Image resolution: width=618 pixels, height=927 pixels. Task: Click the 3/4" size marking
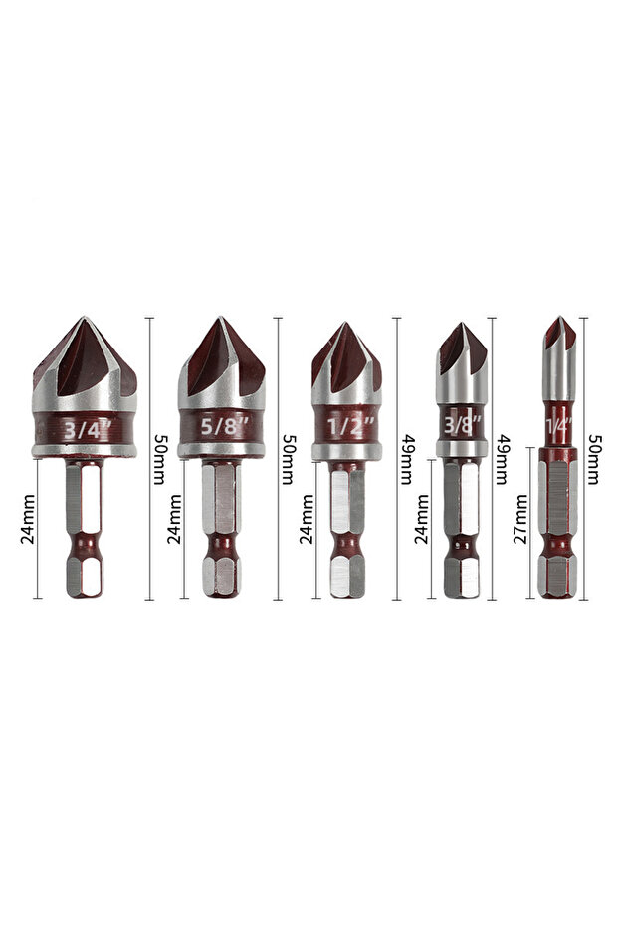point(87,429)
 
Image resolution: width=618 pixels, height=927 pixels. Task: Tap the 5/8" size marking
point(224,426)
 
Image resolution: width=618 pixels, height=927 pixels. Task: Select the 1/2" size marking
point(351,426)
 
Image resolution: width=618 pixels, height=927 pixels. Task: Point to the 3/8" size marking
point(463,424)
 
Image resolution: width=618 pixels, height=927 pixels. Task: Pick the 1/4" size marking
point(559,424)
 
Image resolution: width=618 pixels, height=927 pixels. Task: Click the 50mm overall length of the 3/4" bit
point(159,459)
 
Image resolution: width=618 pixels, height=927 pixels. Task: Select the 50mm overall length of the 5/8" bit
point(288,459)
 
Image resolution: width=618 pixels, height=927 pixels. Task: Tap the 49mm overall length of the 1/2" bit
point(406,459)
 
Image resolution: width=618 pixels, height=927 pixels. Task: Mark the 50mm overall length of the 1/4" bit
point(594,459)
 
